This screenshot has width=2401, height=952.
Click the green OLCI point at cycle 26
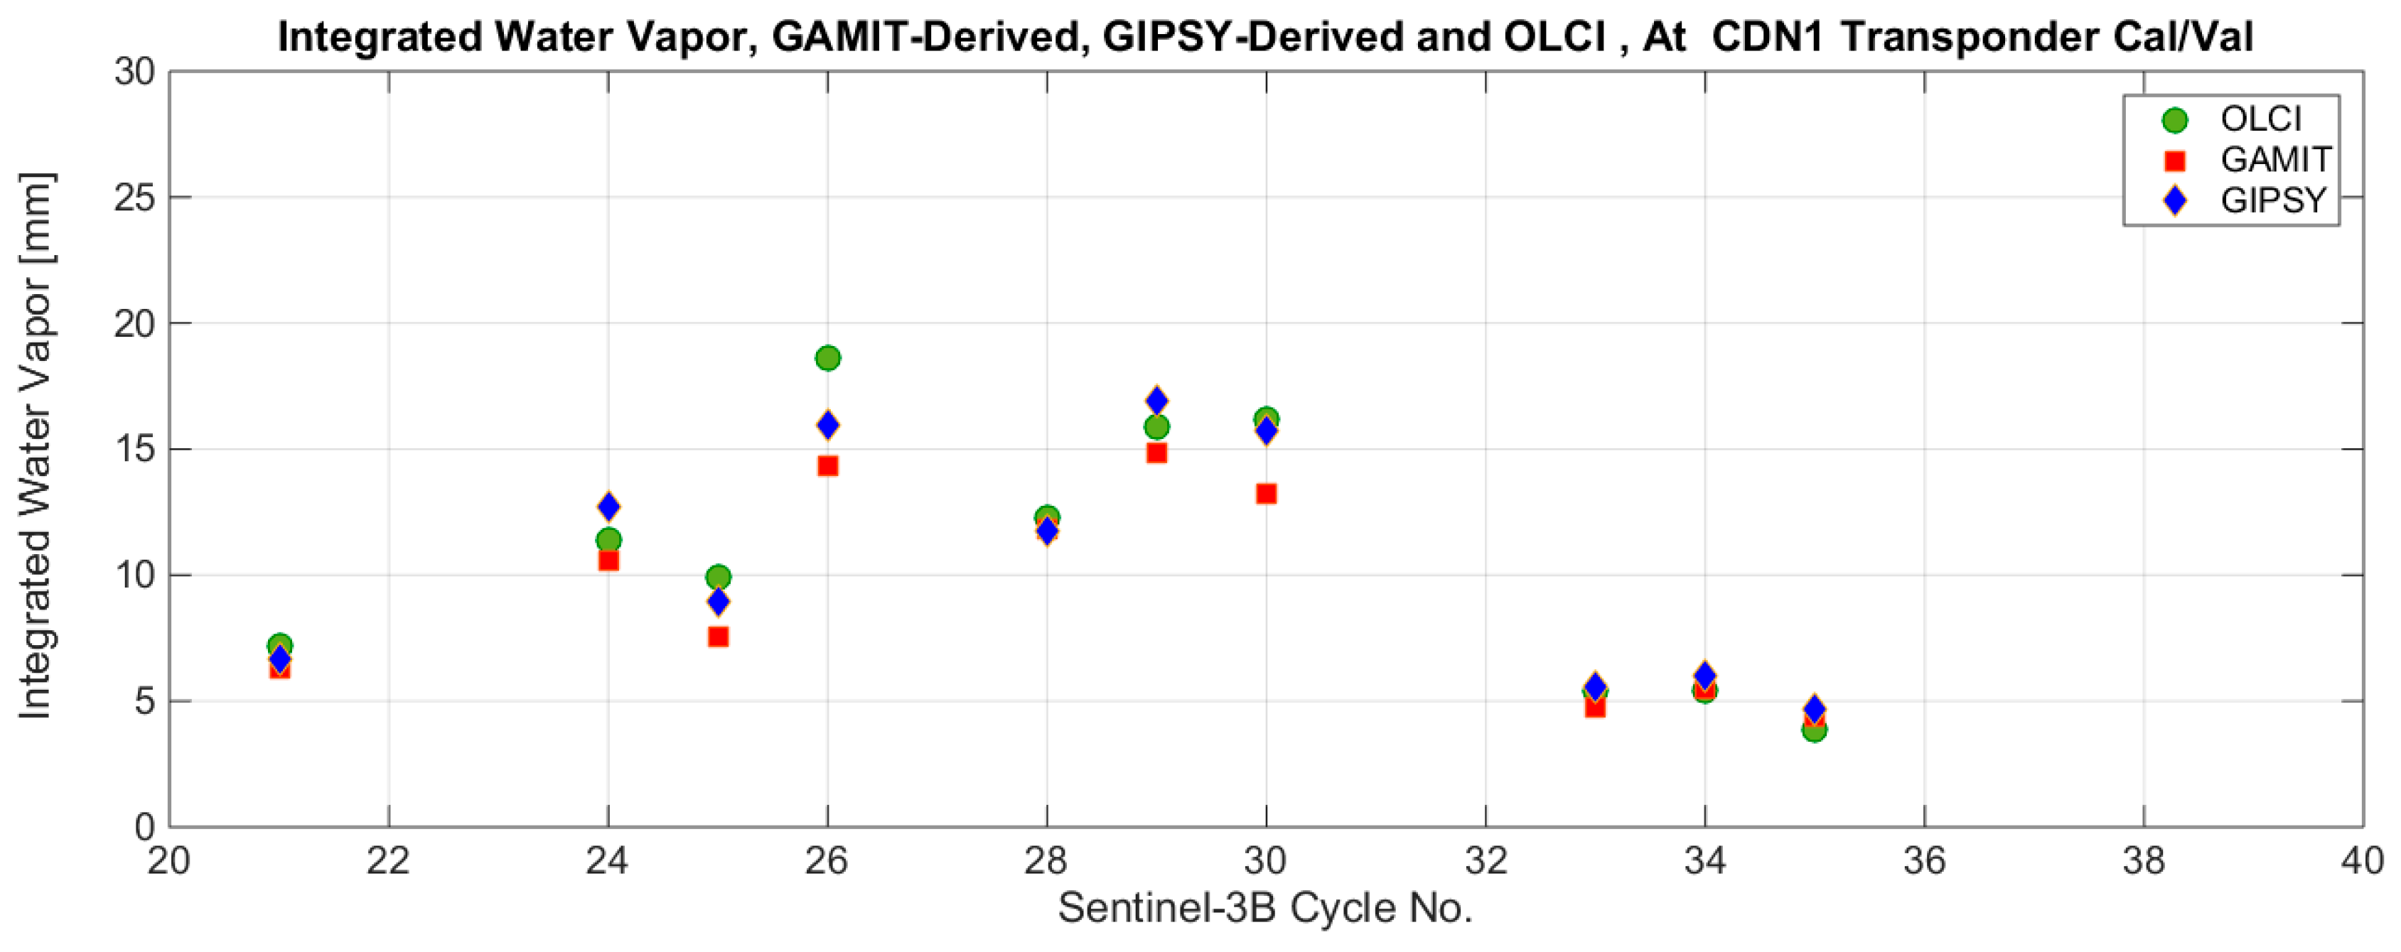pyautogui.click(x=827, y=357)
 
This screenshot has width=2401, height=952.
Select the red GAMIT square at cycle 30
pyautogui.click(x=1266, y=494)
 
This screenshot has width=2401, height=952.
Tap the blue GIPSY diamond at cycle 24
pyautogui.click(x=608, y=507)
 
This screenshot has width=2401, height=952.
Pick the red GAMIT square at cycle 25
pyautogui.click(x=718, y=637)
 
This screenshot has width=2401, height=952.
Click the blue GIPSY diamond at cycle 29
pyautogui.click(x=1156, y=401)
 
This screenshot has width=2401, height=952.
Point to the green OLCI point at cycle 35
pyautogui.click(x=1814, y=730)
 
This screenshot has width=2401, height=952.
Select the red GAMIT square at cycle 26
pyautogui.click(x=827, y=466)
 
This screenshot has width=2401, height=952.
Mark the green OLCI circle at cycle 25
pyautogui.click(x=718, y=577)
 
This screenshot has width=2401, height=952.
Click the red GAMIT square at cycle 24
pyautogui.click(x=608, y=561)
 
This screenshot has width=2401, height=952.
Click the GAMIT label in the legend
pyautogui.click(x=2275, y=159)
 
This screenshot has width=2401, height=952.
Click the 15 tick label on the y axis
pyautogui.click(x=134, y=449)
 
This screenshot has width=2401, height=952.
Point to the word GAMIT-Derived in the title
pyautogui.click(x=925, y=37)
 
